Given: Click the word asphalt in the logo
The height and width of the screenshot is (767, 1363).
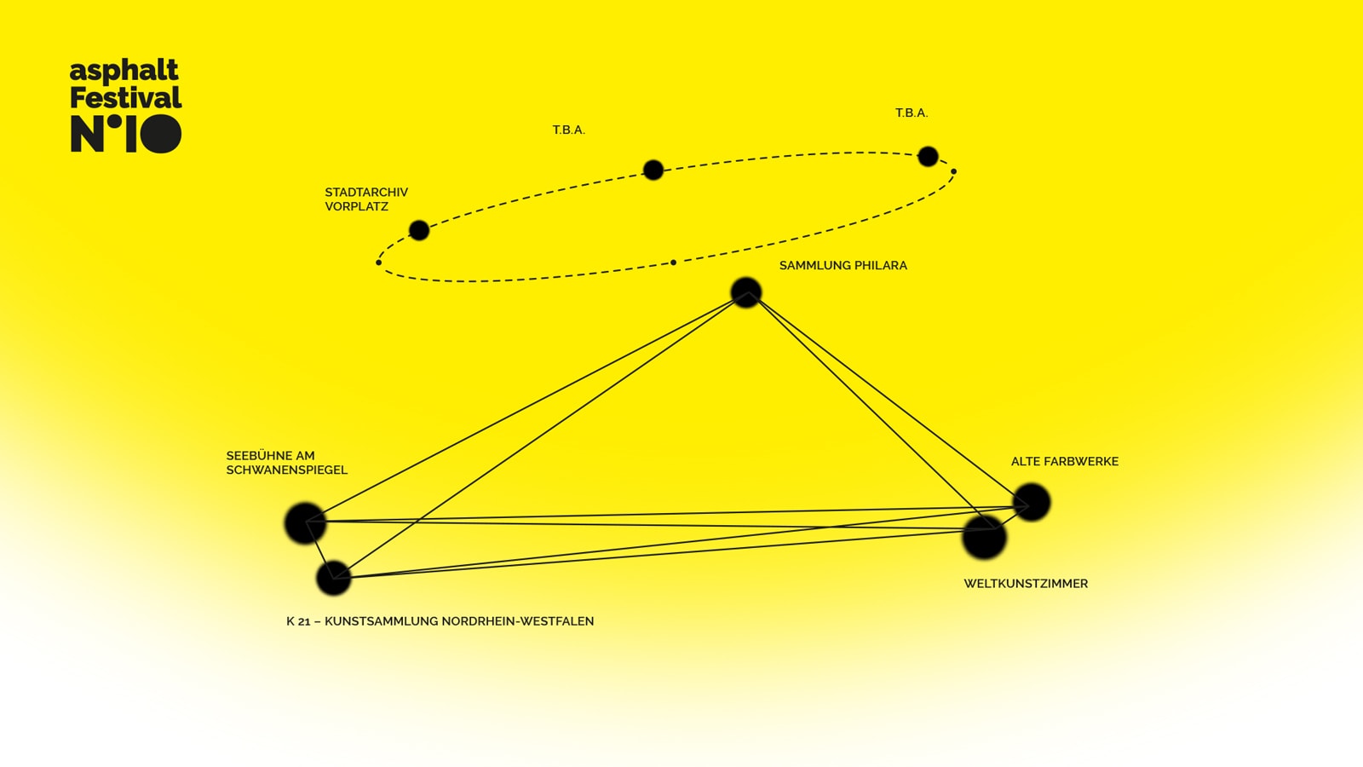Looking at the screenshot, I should coord(124,71).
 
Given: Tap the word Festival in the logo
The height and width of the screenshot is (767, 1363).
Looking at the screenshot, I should coord(125,98).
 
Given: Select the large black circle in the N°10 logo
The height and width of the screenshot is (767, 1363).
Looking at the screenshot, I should coord(160,134).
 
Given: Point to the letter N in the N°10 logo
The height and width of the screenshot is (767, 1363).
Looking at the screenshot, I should coord(86,135).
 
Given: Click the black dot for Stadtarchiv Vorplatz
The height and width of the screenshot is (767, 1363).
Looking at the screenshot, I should coord(419,230).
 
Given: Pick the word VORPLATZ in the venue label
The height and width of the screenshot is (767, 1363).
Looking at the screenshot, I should coord(356,207).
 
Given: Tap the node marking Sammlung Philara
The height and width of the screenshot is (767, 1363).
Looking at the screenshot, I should coord(745,292).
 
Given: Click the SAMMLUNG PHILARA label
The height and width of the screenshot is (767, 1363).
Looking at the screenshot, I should coord(843,266).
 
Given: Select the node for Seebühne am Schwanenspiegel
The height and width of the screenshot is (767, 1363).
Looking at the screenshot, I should coord(305,522).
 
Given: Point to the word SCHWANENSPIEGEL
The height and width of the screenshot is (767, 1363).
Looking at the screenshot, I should coord(286,470).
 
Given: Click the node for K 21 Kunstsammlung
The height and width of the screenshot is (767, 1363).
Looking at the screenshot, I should coord(334,578).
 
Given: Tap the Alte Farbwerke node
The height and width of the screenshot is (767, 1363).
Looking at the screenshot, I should coord(1032,502).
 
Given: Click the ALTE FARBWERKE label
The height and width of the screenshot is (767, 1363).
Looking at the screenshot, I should coord(1064,462).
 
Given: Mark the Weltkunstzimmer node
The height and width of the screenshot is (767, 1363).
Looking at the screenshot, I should coord(984,538).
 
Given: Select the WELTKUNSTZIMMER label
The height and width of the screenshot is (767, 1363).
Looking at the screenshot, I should coord(1026,584).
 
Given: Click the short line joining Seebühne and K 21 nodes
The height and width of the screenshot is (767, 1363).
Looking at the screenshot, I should coord(319,551).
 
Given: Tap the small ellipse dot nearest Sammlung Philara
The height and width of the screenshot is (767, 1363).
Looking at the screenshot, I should coord(673,262).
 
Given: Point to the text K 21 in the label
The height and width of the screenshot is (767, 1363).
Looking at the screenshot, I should coord(298,621).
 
